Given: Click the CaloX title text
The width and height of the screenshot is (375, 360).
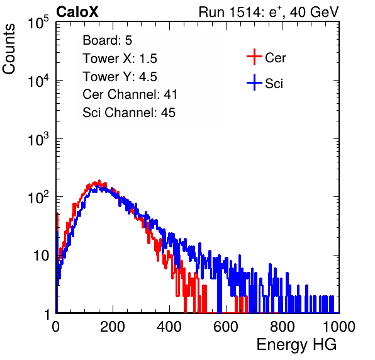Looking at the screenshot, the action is click(x=77, y=12).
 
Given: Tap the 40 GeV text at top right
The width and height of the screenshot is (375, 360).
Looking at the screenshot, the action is click(x=315, y=12).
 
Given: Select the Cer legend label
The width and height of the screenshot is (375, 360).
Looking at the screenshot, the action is click(x=275, y=58).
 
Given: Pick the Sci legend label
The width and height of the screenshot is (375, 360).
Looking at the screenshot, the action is click(x=274, y=84).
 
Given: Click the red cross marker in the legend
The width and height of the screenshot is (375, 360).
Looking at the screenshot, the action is click(x=254, y=57).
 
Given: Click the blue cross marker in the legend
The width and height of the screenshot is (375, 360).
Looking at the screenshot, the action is click(x=254, y=82).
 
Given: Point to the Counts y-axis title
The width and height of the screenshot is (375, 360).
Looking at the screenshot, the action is click(x=9, y=49).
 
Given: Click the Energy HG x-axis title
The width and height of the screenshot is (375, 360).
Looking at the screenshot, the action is click(x=296, y=344).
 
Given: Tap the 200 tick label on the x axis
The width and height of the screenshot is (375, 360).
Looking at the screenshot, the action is click(x=113, y=327).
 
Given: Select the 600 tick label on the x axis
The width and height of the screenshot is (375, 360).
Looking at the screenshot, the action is click(x=226, y=327).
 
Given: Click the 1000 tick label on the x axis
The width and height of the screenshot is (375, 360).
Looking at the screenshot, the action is click(x=339, y=327).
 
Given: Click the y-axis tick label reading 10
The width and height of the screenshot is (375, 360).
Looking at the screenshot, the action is click(x=42, y=256).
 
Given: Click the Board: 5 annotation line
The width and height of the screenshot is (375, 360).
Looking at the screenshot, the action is click(x=108, y=40).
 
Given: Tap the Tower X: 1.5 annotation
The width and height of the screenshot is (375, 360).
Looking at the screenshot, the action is click(x=120, y=59).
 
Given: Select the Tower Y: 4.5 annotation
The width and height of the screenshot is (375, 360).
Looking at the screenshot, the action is click(x=120, y=77).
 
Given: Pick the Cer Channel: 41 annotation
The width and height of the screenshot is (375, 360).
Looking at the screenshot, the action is click(x=130, y=94).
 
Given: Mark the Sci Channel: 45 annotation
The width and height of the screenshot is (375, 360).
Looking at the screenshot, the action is click(x=129, y=113).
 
